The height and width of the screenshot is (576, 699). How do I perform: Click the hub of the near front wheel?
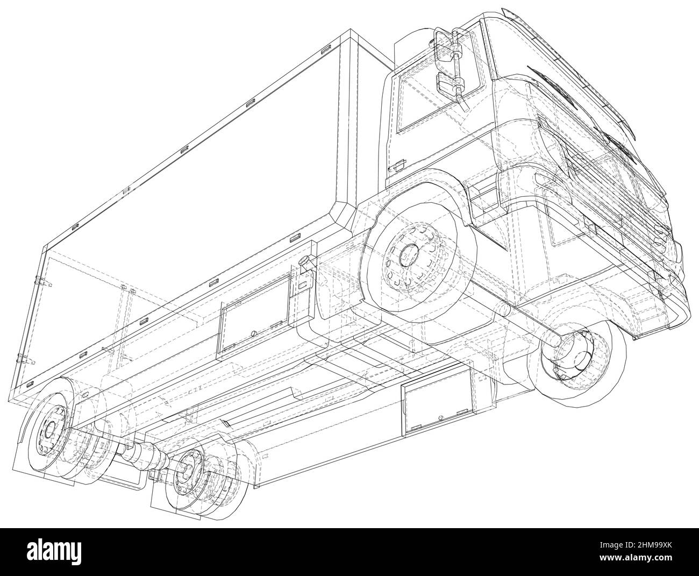(409, 255)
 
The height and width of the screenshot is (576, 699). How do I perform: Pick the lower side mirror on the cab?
(447, 84)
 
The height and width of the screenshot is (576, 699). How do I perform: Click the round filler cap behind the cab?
(305, 260)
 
